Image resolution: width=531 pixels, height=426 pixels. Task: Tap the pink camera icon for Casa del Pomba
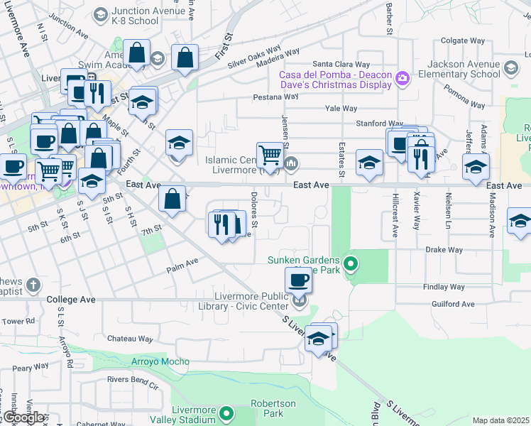click(x=403, y=78)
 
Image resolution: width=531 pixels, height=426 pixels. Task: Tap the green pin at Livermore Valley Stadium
click(x=226, y=412)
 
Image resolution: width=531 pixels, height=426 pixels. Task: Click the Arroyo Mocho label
click(x=160, y=361)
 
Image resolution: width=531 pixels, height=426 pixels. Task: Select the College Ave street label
click(x=71, y=300)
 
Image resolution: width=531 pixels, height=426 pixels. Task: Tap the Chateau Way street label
click(x=130, y=339)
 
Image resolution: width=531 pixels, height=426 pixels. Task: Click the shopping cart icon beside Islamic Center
click(x=269, y=154)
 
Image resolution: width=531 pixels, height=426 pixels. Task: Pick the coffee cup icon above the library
click(x=298, y=279)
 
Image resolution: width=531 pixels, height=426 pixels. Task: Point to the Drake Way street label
click(x=444, y=250)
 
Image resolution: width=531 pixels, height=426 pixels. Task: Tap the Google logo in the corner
click(x=22, y=417)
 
